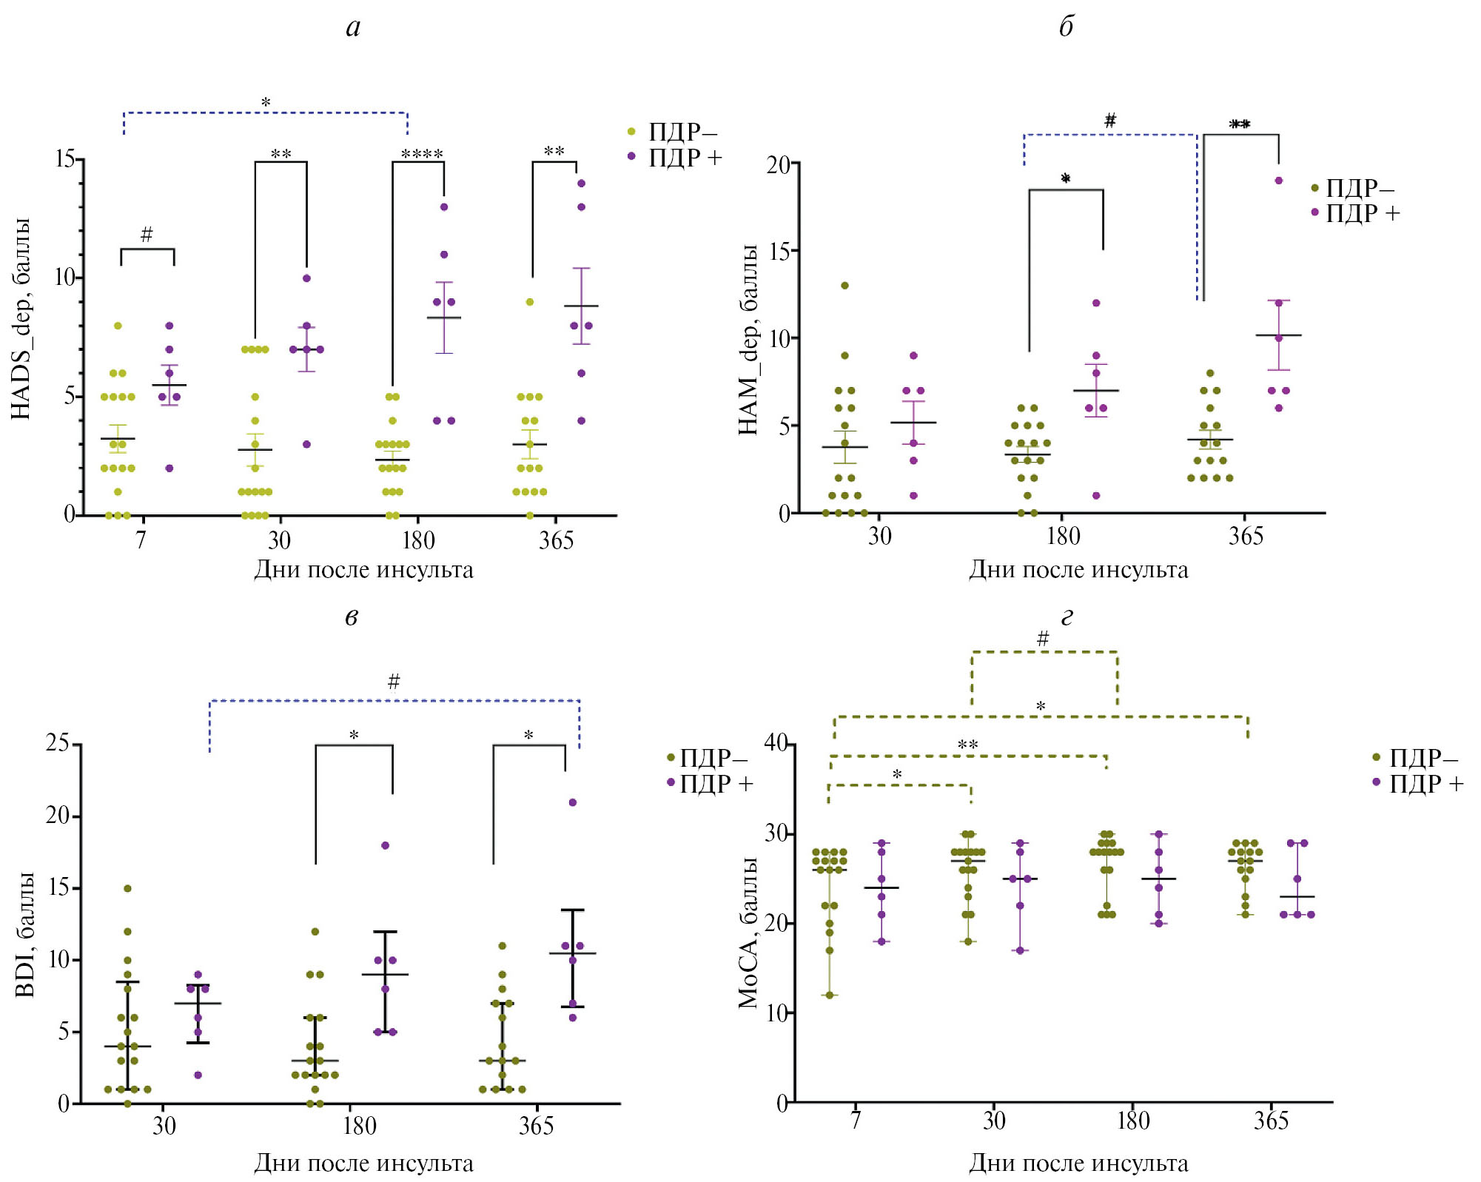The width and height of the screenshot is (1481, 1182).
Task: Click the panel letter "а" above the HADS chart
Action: point(353,28)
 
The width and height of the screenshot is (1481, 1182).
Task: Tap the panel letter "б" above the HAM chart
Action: point(1066,27)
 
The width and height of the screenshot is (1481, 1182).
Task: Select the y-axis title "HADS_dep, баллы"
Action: point(21,319)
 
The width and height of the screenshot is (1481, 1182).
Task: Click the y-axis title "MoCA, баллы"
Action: point(749,933)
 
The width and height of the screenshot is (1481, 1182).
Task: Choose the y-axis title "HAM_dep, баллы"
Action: point(749,339)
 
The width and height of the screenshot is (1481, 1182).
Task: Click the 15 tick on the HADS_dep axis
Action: point(65,159)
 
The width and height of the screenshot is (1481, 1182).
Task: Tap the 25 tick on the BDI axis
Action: point(58,743)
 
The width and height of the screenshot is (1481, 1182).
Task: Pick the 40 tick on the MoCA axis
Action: point(776,743)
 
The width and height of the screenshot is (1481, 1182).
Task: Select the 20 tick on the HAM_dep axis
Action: point(778,164)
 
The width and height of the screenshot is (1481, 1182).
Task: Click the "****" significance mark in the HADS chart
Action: point(422,155)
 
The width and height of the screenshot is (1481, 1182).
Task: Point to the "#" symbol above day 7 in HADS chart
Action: point(147,235)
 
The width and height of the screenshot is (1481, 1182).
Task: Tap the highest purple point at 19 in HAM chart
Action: point(1278,181)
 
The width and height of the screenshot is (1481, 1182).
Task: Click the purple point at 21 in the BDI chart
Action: point(572,802)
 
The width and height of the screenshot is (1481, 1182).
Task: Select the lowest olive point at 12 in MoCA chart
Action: point(830,995)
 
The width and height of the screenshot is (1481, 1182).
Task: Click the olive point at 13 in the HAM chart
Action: point(844,286)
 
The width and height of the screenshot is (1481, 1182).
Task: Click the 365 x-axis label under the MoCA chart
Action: point(1271,1121)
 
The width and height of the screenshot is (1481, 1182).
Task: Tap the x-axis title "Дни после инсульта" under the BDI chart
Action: point(363,1163)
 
